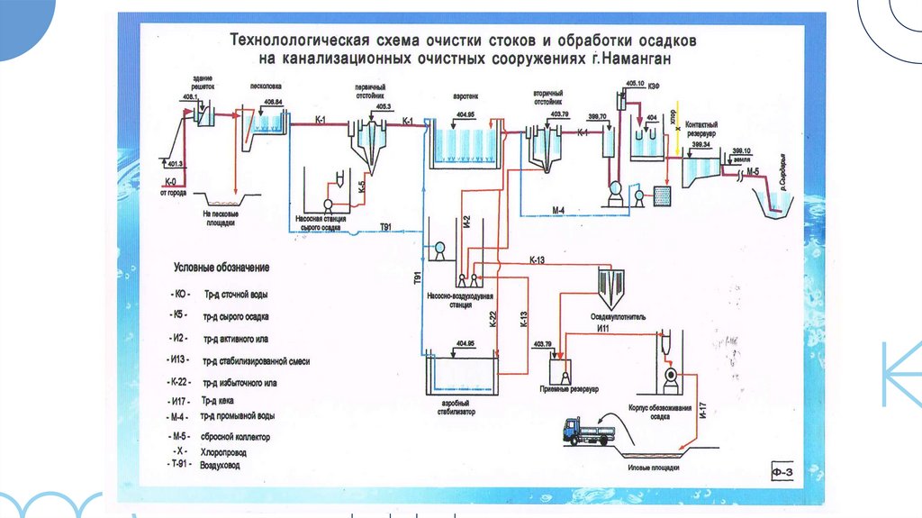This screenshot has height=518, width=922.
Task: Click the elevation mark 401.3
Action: click(176, 163)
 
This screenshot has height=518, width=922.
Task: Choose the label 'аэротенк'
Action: click(465, 95)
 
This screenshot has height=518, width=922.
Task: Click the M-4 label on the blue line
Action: click(557, 212)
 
